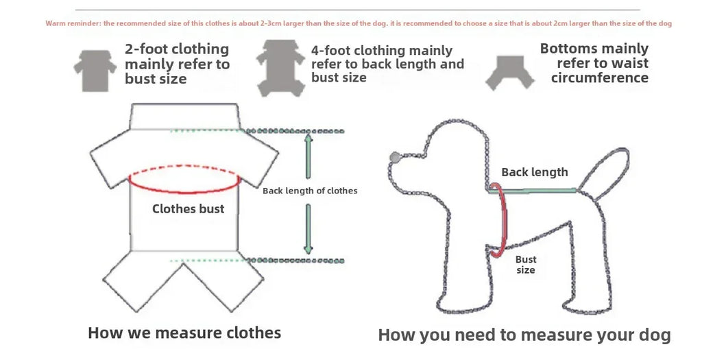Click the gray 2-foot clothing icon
pos(95,71)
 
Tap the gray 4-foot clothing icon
pos(280,68)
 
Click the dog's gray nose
pos(395,157)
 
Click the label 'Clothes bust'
pos(188,208)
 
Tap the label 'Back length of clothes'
pos(310,191)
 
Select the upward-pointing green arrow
pos(308,156)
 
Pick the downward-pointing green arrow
pos(308,229)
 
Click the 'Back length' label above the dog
pos(535,172)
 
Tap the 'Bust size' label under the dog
pos(526,265)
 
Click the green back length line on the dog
pos(533,191)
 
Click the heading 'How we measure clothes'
pos(184,333)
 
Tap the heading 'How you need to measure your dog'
pos(524,335)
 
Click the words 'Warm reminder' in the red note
pos(73,23)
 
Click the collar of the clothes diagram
pos(184,117)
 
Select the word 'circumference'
pos(599,78)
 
